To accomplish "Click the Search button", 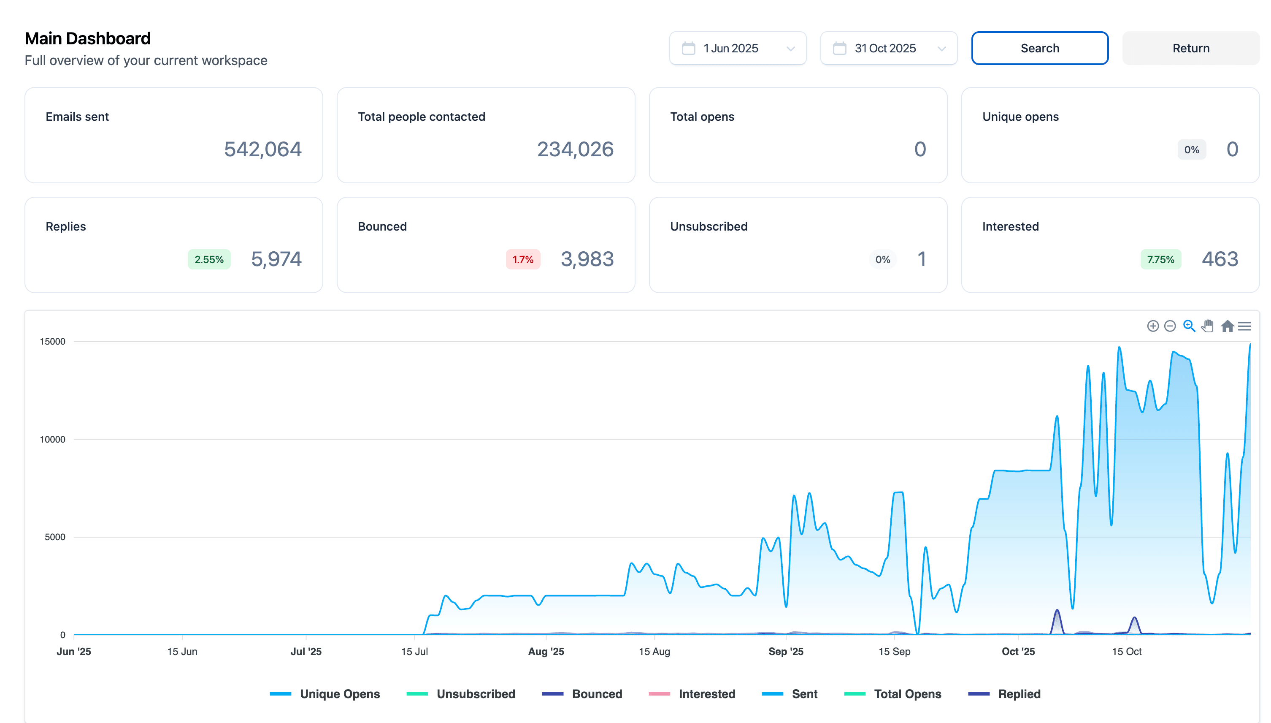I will [1039, 48].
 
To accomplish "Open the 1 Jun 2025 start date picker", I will [737, 48].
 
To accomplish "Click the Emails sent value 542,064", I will [262, 149].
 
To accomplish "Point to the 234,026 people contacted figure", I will [575, 149].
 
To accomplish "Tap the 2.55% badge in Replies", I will [209, 259].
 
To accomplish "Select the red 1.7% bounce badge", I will [522, 259].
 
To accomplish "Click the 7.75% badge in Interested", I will [1160, 259].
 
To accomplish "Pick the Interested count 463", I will [1220, 259].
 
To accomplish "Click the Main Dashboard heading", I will [87, 39].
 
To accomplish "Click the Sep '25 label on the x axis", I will [785, 652].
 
